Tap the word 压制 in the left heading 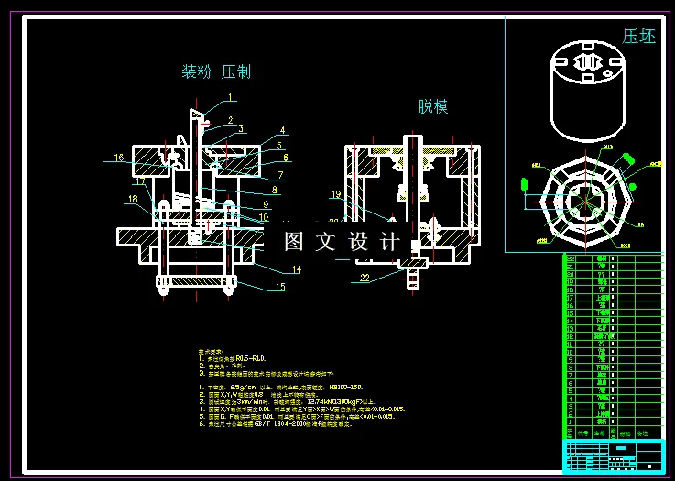236,71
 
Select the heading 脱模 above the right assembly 433,107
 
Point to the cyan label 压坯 639,38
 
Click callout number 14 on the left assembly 297,269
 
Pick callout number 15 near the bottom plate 279,288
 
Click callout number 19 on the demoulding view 335,194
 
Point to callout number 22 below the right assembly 365,277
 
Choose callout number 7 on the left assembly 281,174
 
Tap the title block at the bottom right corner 611,454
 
